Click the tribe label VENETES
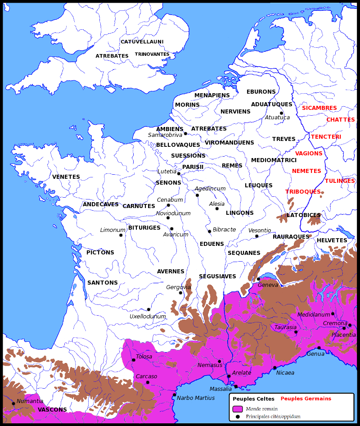pyautogui.click(x=66, y=177)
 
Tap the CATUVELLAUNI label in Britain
pyautogui.click(x=142, y=42)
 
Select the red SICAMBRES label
pyautogui.click(x=319, y=108)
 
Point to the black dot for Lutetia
pyautogui.click(x=179, y=174)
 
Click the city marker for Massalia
pyautogui.click(x=236, y=387)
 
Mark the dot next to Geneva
pyautogui.click(x=258, y=279)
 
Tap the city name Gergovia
pyautogui.click(x=179, y=287)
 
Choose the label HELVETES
pyautogui.click(x=332, y=240)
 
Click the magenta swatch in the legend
pyautogui.click(x=238, y=409)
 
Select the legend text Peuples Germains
pyautogui.click(x=306, y=399)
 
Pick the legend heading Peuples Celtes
pyautogui.click(x=253, y=399)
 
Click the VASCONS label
pyautogui.click(x=52, y=410)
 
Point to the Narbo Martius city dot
pyautogui.click(x=175, y=395)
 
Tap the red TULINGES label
pyautogui.click(x=340, y=181)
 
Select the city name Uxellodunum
pyautogui.click(x=148, y=317)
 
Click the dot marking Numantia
pyautogui.click(x=13, y=403)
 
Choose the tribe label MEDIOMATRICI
pyautogui.click(x=274, y=160)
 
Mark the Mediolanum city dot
pyautogui.click(x=333, y=313)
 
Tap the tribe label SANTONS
pyautogui.click(x=102, y=283)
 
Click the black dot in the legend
pyautogui.click(x=238, y=417)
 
